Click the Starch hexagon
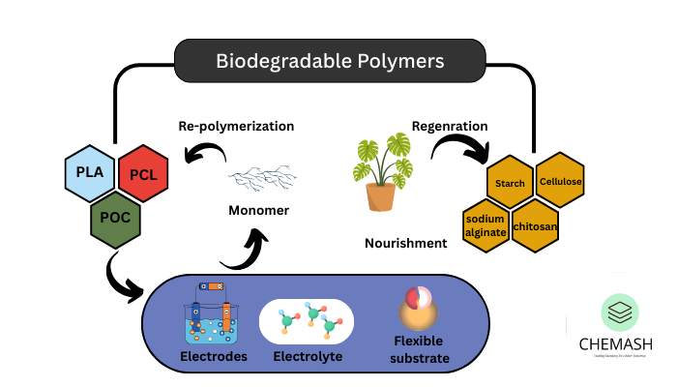(x=511, y=182)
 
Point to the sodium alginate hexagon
(x=486, y=224)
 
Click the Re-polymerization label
(x=236, y=126)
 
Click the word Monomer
(x=259, y=210)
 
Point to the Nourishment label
(x=406, y=243)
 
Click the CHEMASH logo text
(x=615, y=344)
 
